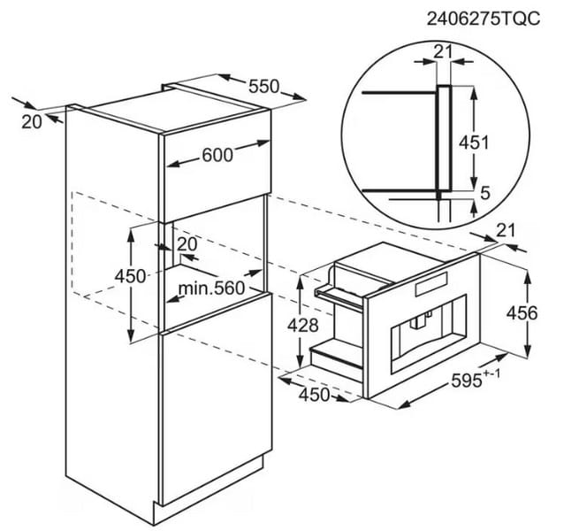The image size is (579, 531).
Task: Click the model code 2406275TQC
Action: [x=483, y=19]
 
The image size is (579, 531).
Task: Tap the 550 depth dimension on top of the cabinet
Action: [x=264, y=87]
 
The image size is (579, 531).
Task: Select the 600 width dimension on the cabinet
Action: [x=217, y=155]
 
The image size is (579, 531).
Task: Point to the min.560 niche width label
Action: [x=211, y=288]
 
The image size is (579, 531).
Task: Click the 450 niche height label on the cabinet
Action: [x=130, y=276]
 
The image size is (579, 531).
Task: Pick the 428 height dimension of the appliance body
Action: [x=303, y=326]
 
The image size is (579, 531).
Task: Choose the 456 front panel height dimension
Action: [x=522, y=313]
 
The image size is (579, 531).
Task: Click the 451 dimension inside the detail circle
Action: [x=474, y=142]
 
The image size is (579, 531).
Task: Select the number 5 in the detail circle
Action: [x=485, y=193]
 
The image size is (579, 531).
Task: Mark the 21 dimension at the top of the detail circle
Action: [x=443, y=52]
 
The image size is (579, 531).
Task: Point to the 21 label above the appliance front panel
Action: [x=506, y=231]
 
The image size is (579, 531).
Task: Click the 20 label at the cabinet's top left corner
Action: [x=32, y=122]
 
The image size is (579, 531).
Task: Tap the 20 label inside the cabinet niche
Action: [x=187, y=244]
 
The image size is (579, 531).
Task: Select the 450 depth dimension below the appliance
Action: [x=314, y=395]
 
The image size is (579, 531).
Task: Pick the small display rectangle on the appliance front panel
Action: [x=431, y=284]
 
